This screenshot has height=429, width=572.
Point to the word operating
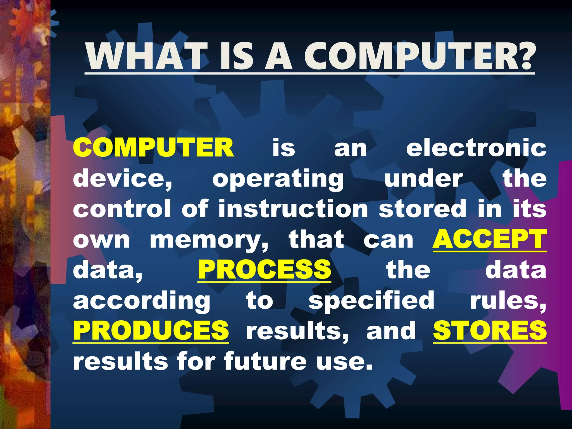click(278, 179)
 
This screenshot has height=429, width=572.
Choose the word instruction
click(293, 209)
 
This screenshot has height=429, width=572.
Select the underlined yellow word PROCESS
click(264, 270)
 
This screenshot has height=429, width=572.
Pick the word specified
click(371, 301)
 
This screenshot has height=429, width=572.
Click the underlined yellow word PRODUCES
click(151, 330)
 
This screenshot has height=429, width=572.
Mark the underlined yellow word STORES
click(490, 330)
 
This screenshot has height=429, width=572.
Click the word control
click(122, 209)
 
